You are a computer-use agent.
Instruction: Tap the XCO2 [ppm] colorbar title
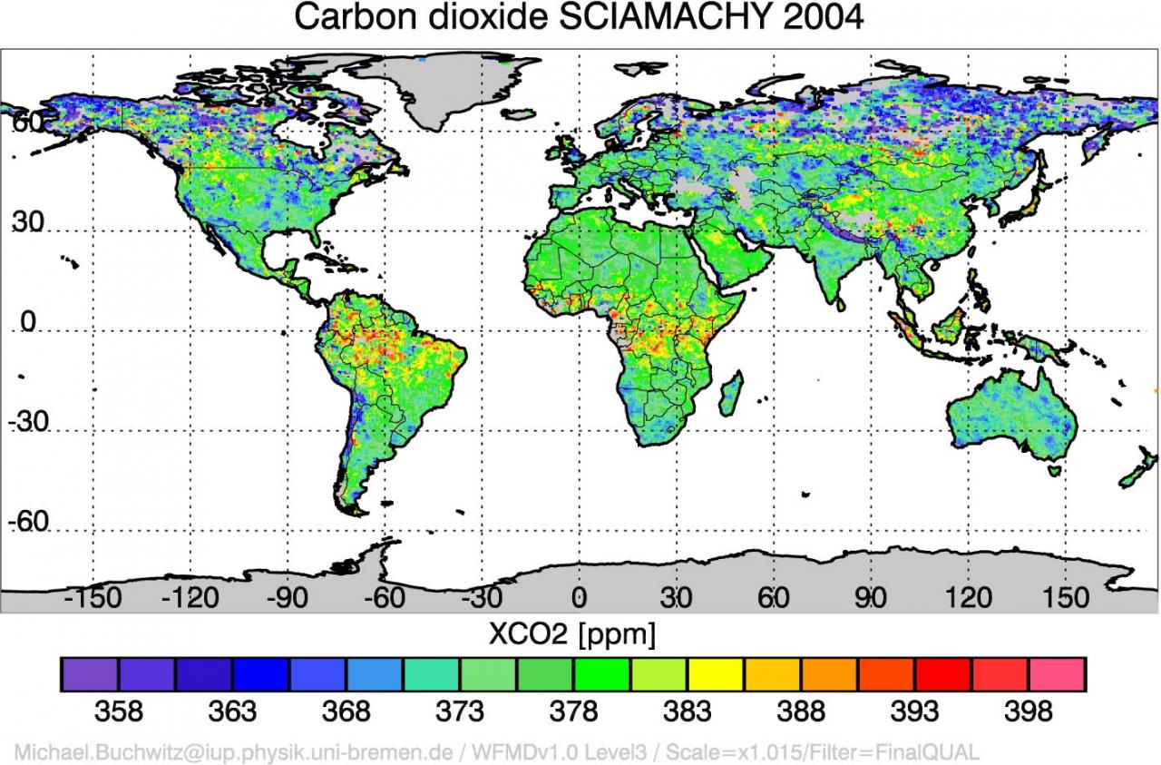point(571,634)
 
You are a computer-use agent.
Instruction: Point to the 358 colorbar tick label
point(119,711)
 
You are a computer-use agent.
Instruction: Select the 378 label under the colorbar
point(573,711)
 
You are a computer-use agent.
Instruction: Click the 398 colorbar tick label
point(1029,711)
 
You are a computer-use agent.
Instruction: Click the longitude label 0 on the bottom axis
point(579,597)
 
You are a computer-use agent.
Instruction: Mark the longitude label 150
point(1065,597)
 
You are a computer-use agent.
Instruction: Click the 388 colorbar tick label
point(801,711)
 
